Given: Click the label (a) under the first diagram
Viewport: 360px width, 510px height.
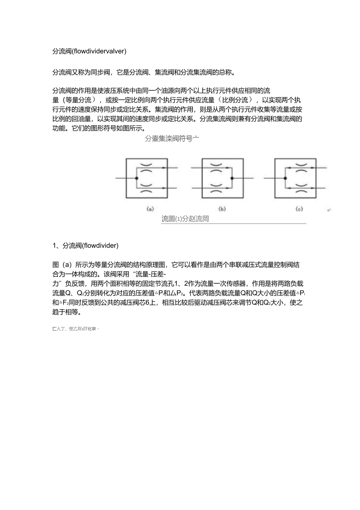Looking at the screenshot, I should [x=150, y=209].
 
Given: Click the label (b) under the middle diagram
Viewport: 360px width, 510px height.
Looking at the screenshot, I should [x=222, y=209].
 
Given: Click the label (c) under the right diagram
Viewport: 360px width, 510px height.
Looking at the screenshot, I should [x=300, y=209].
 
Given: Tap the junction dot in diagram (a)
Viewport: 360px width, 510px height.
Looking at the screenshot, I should [x=136, y=178].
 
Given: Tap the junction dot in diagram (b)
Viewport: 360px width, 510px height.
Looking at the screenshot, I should [x=232, y=178].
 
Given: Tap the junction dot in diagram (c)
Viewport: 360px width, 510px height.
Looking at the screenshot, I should [x=285, y=178].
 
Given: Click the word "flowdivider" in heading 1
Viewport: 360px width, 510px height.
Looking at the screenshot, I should [x=99, y=246].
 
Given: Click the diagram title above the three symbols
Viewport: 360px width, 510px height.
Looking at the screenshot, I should [x=172, y=138].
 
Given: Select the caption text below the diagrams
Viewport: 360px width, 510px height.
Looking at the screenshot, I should [x=185, y=219].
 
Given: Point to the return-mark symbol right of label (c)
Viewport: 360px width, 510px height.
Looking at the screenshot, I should [x=329, y=211].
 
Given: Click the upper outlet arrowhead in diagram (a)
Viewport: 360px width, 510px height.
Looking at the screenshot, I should [x=163, y=168].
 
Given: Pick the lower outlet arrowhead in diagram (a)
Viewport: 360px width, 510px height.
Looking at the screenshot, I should [x=163, y=188].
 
